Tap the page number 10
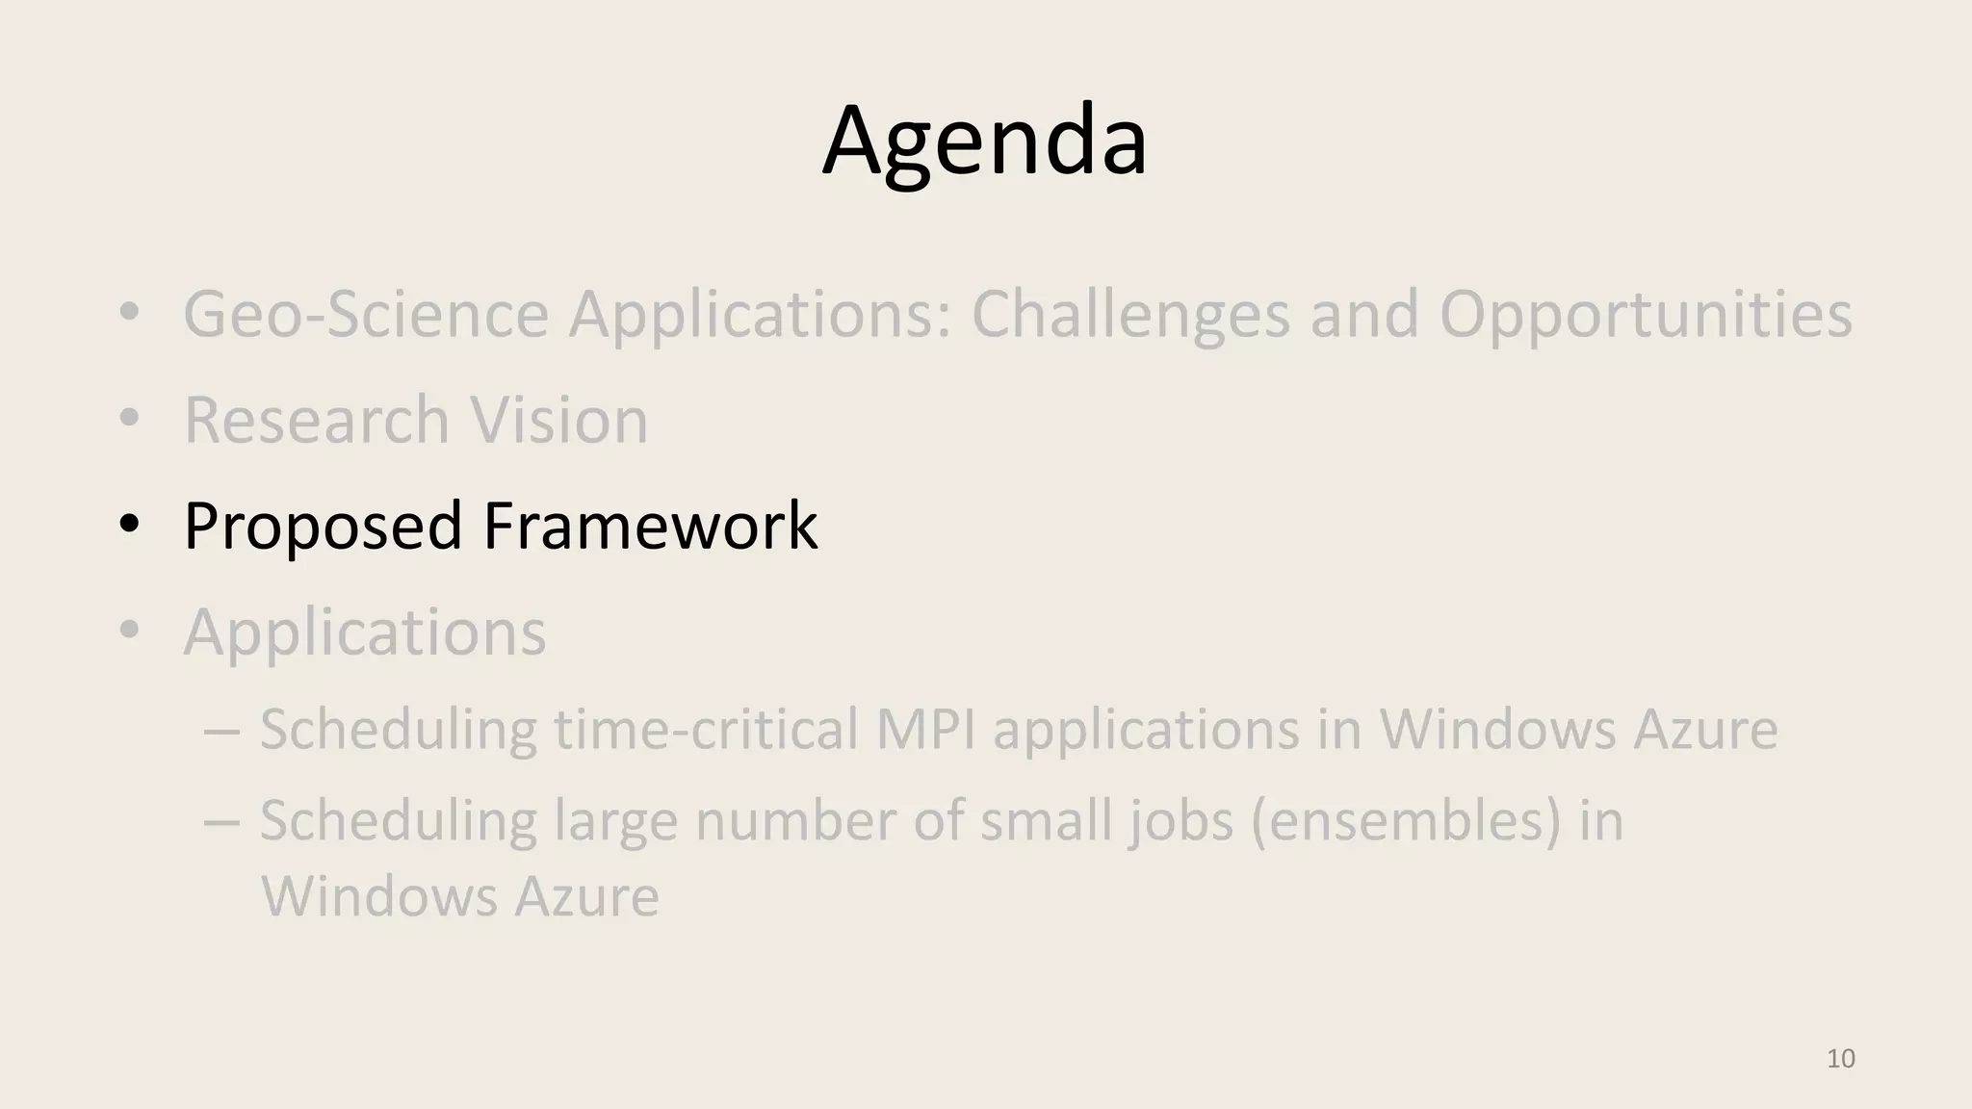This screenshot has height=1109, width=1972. (1840, 1059)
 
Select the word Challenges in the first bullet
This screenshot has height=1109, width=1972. (1130, 316)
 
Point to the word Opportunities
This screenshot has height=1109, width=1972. (1645, 316)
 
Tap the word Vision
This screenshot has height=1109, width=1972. (558, 420)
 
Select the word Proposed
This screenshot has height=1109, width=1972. (323, 528)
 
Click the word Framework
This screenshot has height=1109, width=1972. (650, 526)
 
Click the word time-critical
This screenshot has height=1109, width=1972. (706, 729)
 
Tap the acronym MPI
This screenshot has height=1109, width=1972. (924, 729)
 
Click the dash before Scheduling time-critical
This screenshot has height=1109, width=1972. (221, 732)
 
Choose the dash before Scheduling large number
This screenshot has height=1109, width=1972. (221, 824)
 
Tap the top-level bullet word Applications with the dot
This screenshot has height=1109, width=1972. (365, 633)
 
